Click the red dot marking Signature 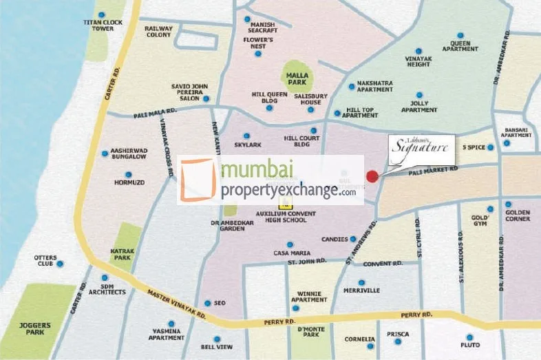tap(372, 176)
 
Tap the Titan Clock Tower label tap(103, 25)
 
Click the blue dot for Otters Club tap(61, 264)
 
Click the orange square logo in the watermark tap(198, 179)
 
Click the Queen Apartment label tap(460, 46)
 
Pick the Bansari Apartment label tap(516, 133)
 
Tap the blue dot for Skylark tap(246, 136)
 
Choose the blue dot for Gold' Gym tap(490, 209)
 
